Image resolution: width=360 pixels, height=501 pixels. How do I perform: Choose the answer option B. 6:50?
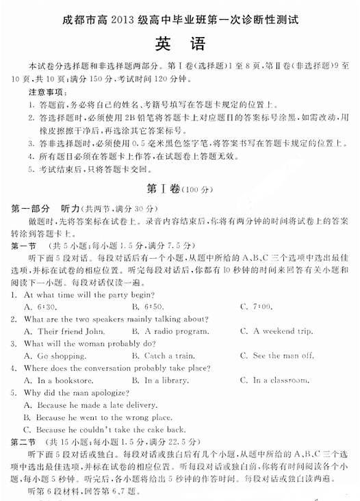click(x=147, y=307)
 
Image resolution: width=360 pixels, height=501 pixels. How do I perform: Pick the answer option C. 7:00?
click(x=255, y=307)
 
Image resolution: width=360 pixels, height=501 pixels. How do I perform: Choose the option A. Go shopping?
click(x=52, y=356)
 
